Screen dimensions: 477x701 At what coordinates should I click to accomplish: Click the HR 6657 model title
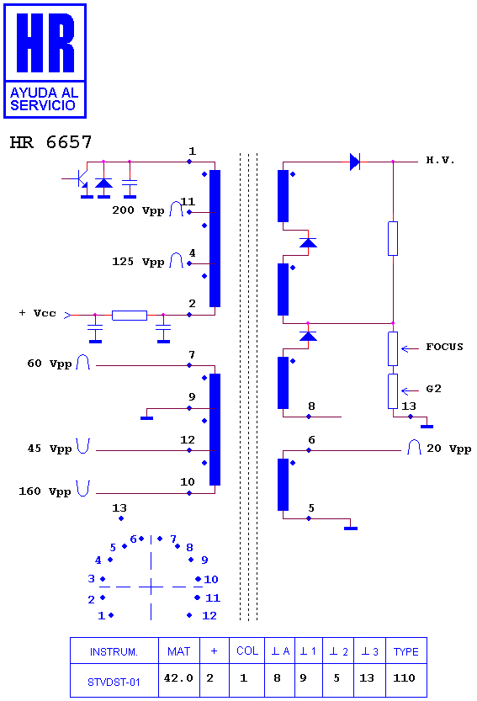[50, 142]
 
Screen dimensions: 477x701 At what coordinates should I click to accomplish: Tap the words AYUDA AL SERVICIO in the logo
[44, 98]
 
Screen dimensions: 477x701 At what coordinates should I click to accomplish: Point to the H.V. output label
[440, 160]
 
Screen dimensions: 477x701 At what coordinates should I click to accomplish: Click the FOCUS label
[444, 347]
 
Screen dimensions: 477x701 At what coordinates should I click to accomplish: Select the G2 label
[433, 389]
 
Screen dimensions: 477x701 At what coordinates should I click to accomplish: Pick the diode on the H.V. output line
[355, 162]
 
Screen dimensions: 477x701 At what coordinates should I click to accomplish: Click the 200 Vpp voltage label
[138, 210]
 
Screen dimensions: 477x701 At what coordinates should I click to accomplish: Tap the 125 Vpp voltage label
[138, 262]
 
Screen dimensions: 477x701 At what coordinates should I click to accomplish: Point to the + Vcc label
[38, 313]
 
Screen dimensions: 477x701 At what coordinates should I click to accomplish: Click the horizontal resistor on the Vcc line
[130, 316]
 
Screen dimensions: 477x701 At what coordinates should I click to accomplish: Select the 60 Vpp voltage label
[49, 364]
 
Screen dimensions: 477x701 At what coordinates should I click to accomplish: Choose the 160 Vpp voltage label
[45, 491]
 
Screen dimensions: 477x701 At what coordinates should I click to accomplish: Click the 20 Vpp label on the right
[449, 449]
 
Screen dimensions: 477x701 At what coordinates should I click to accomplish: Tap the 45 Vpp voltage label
[49, 449]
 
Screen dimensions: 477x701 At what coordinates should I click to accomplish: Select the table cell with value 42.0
[178, 678]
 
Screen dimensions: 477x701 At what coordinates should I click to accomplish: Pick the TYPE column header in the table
[405, 651]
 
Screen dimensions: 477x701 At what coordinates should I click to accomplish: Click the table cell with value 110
[404, 678]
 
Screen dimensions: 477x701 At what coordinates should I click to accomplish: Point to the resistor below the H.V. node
[393, 238]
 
